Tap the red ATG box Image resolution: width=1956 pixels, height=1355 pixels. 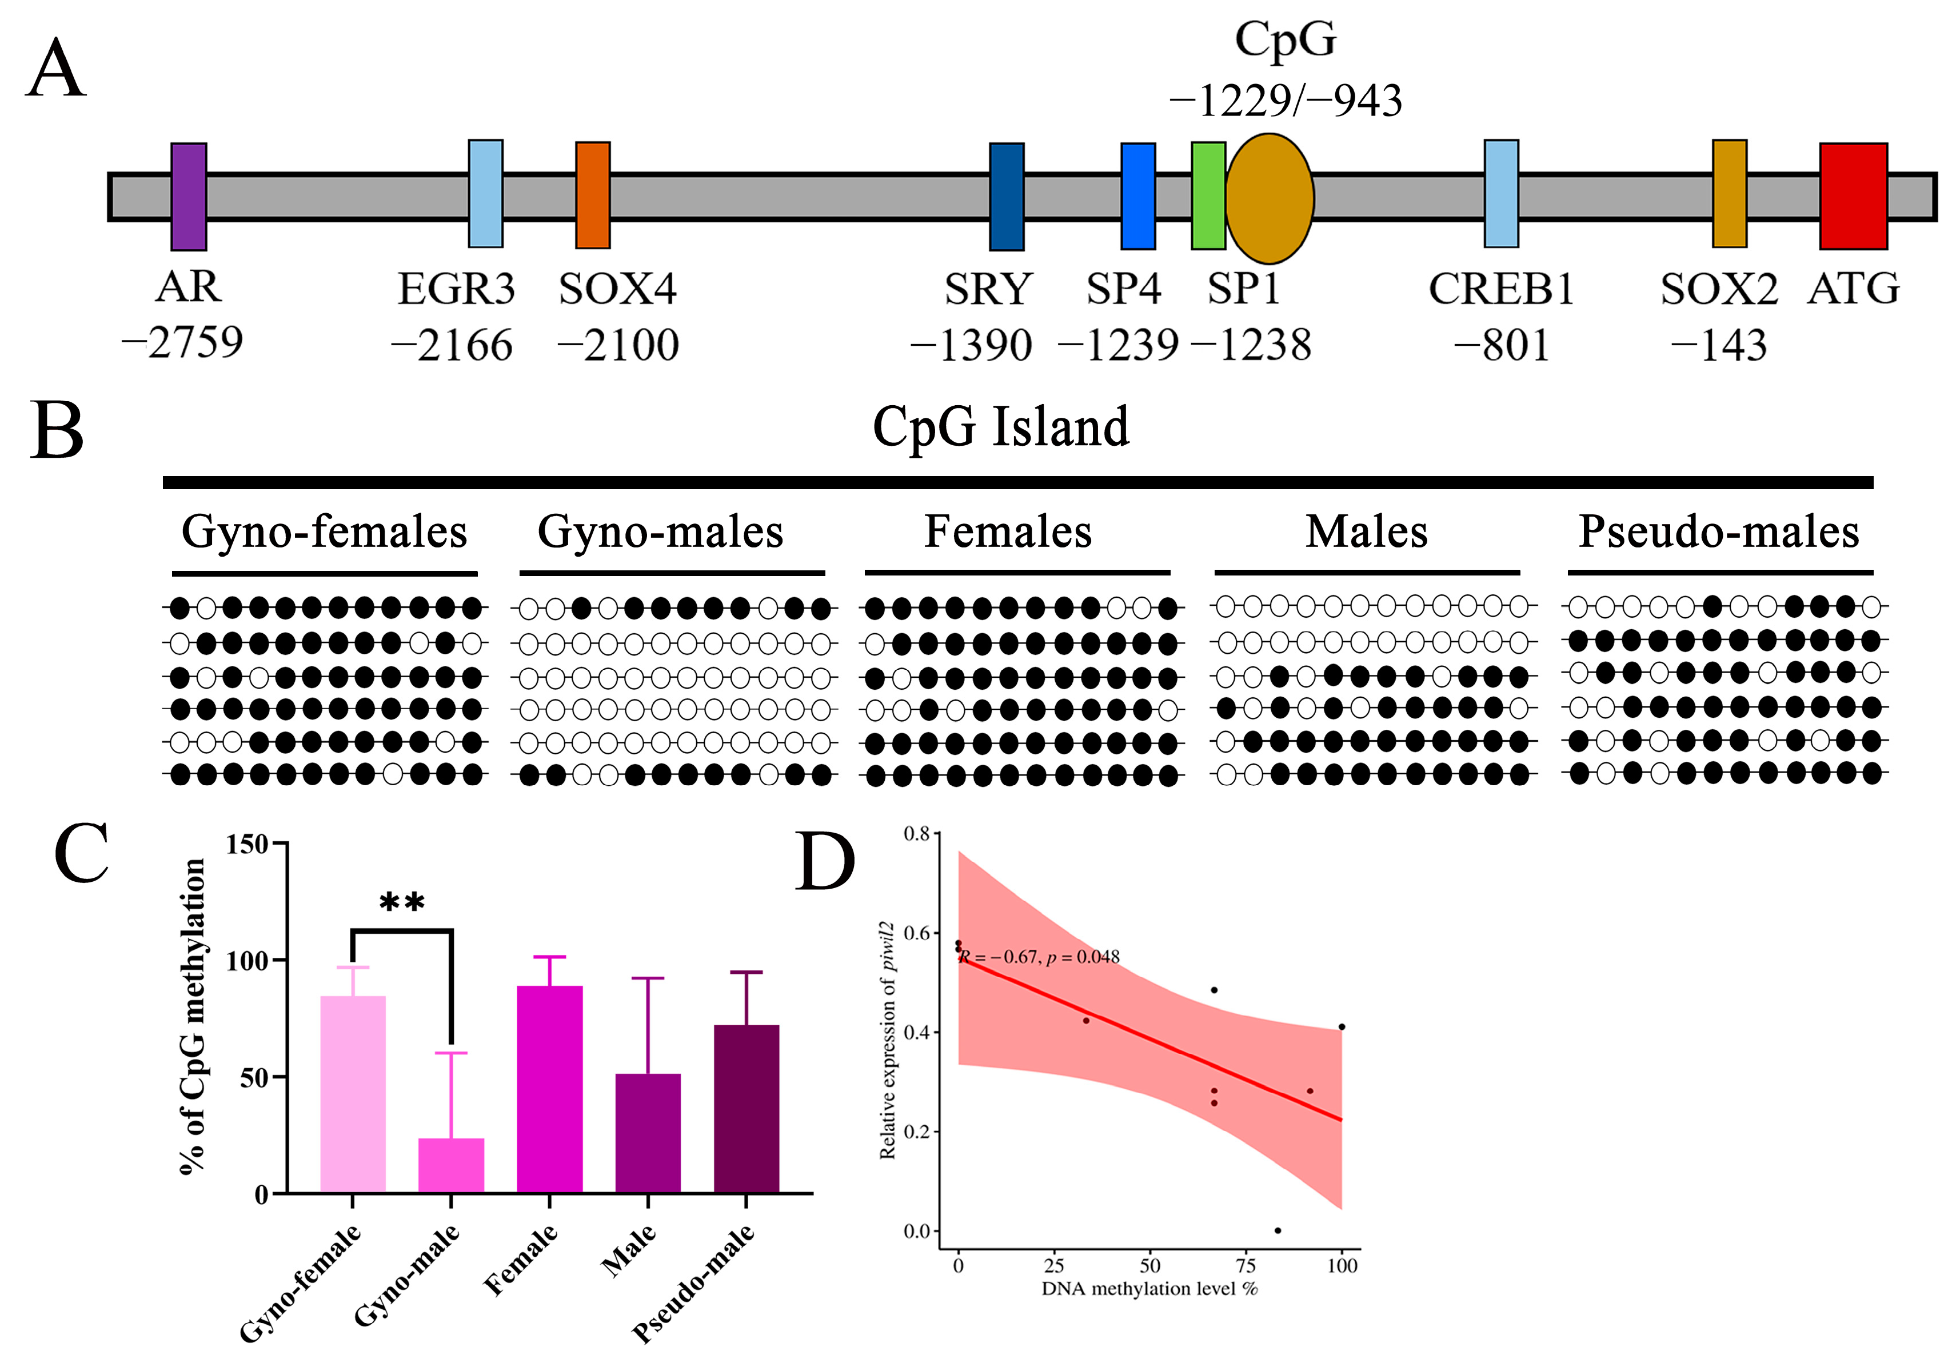coord(1853,196)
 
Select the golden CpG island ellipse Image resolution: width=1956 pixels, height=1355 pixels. coord(1269,198)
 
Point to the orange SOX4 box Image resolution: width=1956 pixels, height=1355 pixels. coord(593,195)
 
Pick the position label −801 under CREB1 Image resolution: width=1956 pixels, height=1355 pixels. coord(1501,346)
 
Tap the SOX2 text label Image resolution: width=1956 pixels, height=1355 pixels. coord(1719,290)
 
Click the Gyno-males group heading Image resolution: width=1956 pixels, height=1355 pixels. coord(661,532)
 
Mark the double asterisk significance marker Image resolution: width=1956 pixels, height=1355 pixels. coord(402,902)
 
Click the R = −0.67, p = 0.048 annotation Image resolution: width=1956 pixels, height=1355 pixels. coord(1039,957)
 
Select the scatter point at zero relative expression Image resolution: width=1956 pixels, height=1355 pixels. coord(1278,1230)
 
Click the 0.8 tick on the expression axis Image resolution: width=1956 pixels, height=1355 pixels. coord(916,834)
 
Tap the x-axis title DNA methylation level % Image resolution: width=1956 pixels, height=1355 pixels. coord(1149,1289)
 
